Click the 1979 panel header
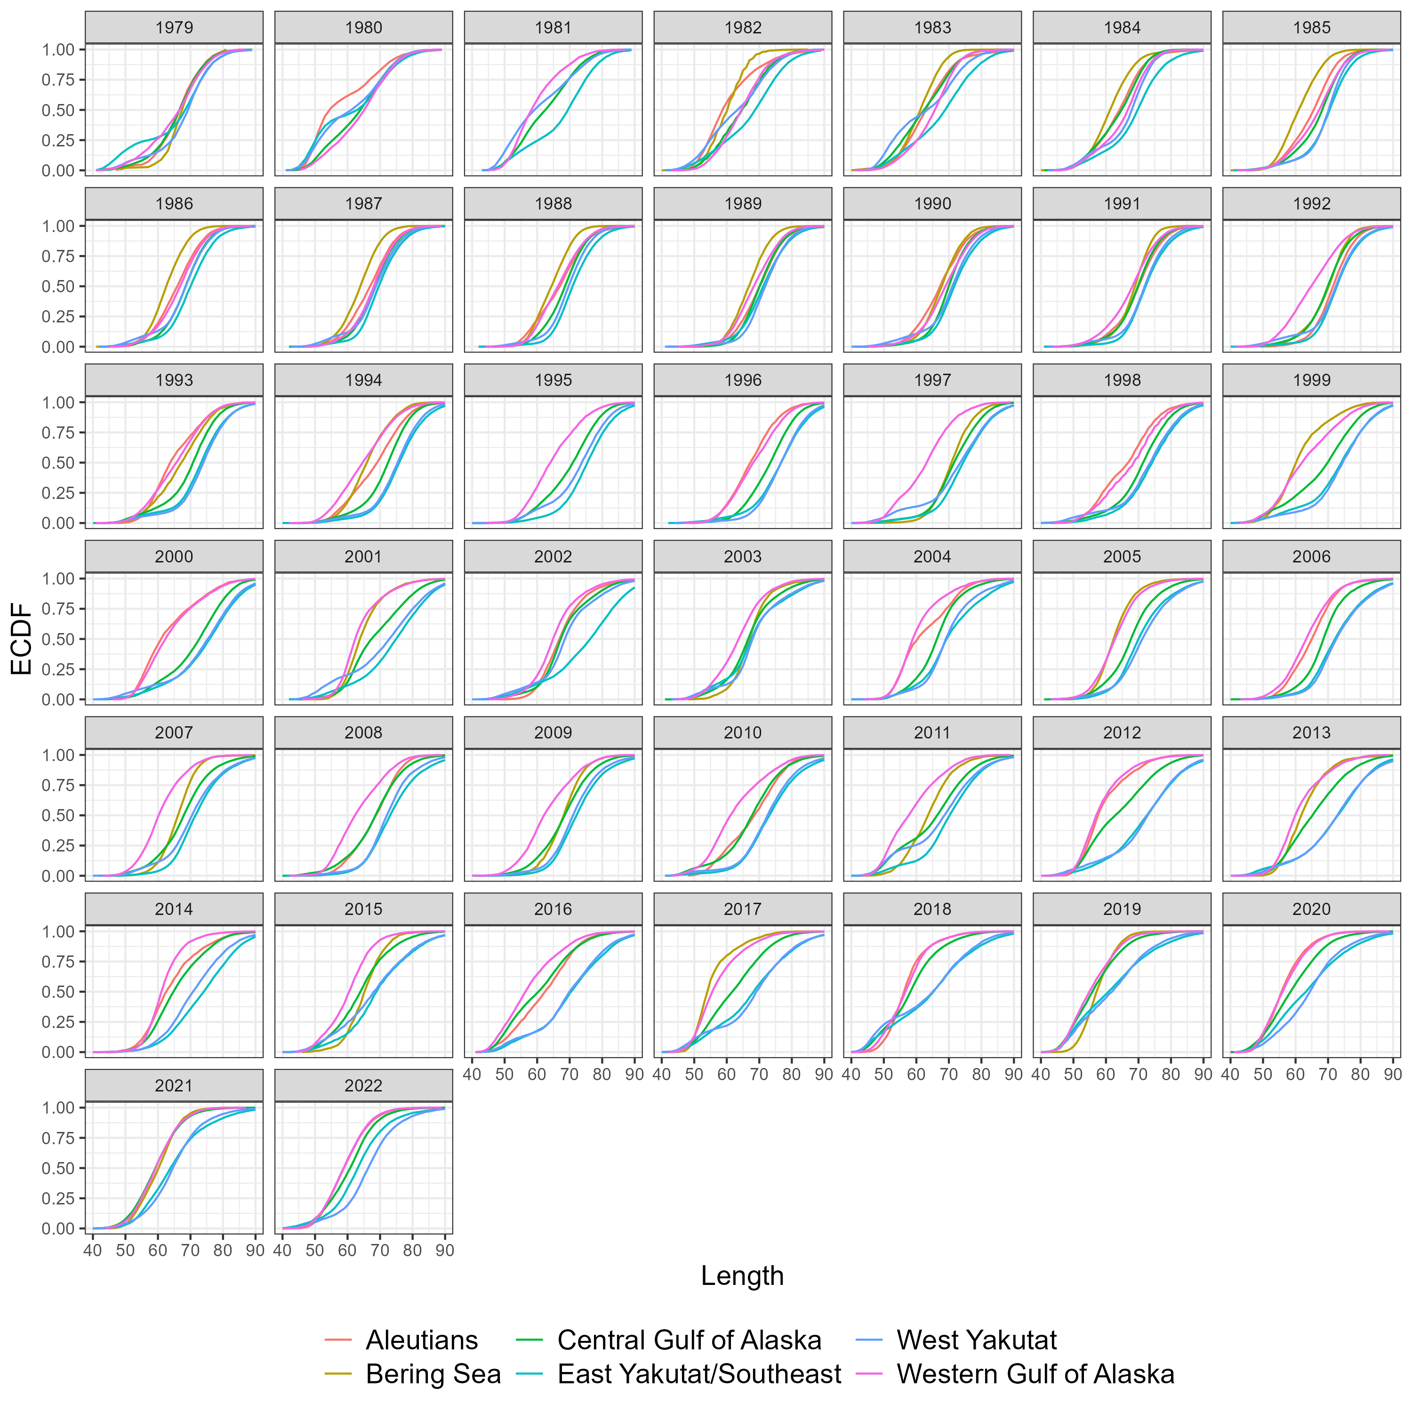[174, 28]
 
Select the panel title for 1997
[932, 380]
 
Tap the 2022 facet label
[363, 1085]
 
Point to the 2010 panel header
[743, 732]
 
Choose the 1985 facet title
[1311, 28]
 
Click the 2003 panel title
[743, 556]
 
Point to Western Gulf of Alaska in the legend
[1035, 1374]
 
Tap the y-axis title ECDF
[22, 638]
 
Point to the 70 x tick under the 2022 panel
[379, 1251]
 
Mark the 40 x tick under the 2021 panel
[93, 1251]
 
